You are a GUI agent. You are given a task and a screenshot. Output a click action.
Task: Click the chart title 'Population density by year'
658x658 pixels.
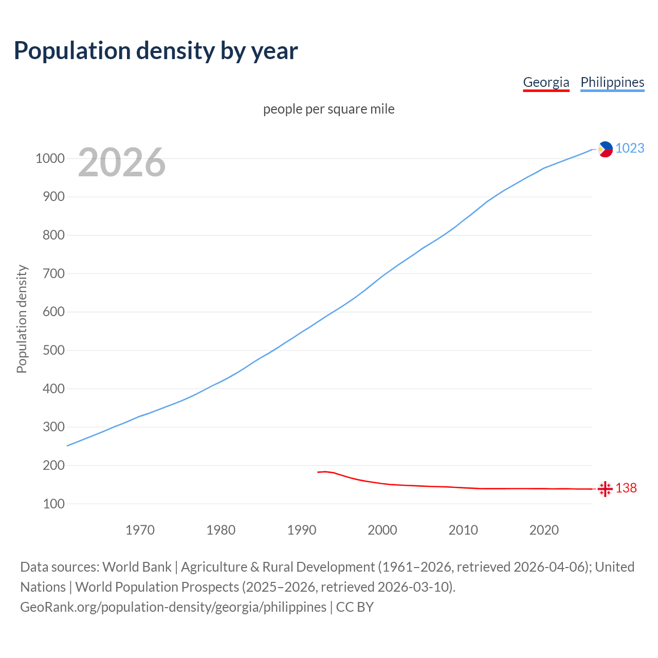(156, 51)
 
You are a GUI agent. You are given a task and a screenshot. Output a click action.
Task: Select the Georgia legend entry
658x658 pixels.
(546, 82)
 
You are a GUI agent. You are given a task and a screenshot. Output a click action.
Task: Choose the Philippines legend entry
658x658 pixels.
(612, 82)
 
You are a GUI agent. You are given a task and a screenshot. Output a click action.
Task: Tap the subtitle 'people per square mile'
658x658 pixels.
(329, 109)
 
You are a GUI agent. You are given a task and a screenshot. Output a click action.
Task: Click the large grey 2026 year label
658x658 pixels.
(122, 162)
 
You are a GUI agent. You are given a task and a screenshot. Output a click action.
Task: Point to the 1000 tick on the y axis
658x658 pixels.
(50, 158)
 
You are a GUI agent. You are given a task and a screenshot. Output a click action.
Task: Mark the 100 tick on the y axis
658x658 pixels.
(53, 504)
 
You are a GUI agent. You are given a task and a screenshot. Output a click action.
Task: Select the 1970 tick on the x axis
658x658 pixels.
(140, 530)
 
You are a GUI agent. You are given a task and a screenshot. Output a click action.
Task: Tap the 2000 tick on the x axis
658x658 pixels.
(382, 530)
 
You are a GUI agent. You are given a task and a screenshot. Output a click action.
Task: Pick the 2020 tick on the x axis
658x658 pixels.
(544, 530)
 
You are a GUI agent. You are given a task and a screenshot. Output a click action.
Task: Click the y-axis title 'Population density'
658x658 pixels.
(22, 319)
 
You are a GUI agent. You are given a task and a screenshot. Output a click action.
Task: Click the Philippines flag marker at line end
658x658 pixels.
(606, 149)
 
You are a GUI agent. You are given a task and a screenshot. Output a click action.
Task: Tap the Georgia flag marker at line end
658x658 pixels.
(605, 489)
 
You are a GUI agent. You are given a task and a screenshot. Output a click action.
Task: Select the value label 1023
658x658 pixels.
(630, 148)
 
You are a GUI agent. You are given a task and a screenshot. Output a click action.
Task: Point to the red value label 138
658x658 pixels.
(626, 488)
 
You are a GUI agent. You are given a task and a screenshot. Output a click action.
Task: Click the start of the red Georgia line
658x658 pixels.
(318, 472)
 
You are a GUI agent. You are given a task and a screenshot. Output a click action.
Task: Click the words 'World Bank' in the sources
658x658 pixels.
(137, 567)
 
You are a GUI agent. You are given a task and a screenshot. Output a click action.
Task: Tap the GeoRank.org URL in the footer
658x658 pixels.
(173, 607)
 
